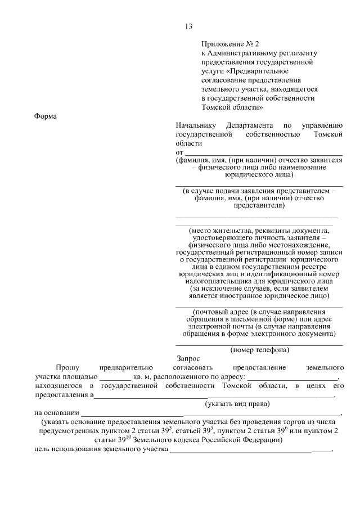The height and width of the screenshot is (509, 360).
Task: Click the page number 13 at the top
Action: click(x=188, y=26)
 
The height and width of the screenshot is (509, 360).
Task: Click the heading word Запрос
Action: click(x=188, y=358)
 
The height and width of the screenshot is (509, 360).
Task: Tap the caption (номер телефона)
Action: click(x=259, y=349)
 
